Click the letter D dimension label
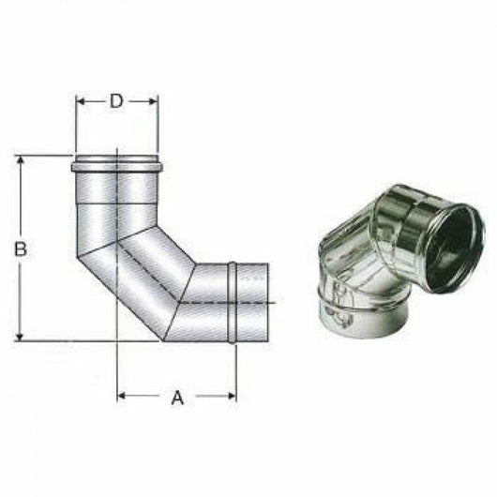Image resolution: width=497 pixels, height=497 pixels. click(116, 101)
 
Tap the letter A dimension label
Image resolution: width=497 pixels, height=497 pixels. click(176, 398)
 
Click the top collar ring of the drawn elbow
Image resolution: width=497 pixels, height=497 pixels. click(116, 167)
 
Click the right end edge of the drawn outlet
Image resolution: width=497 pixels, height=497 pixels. click(268, 302)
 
